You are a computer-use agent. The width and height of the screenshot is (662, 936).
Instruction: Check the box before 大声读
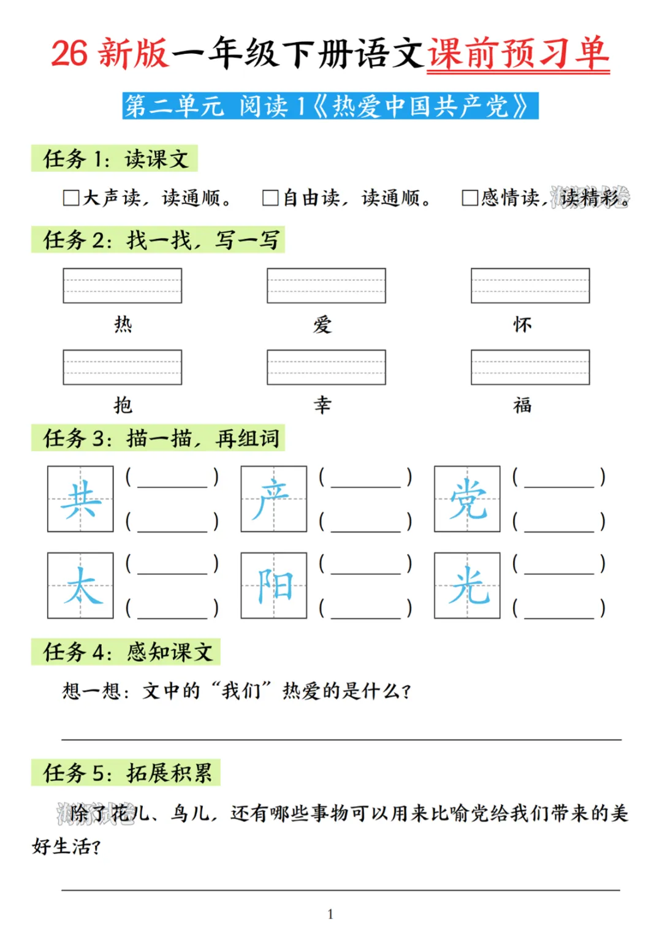pyautogui.click(x=71, y=198)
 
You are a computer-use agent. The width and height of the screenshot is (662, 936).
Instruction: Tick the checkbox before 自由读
pyautogui.click(x=270, y=198)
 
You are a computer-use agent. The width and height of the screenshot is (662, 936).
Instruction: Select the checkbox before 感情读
pyautogui.click(x=470, y=198)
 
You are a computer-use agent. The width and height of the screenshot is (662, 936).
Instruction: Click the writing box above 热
pyautogui.click(x=122, y=286)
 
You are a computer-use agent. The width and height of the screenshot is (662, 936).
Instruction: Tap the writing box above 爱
pyautogui.click(x=326, y=286)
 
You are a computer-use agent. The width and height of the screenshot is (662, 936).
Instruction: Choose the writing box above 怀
pyautogui.click(x=530, y=286)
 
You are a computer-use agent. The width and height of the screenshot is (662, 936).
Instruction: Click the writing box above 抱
pyautogui.click(x=122, y=367)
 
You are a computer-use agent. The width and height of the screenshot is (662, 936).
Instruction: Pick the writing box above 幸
pyautogui.click(x=326, y=367)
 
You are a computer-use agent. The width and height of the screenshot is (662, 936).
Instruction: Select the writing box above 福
pyautogui.click(x=530, y=367)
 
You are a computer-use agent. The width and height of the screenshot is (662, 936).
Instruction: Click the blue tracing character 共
pyautogui.click(x=80, y=499)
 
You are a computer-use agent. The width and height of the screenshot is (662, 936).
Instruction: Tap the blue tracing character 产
pyautogui.click(x=273, y=499)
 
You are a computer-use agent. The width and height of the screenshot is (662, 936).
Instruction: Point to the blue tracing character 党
pyautogui.click(x=467, y=499)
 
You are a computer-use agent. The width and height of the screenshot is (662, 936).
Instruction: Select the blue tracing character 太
pyautogui.click(x=80, y=585)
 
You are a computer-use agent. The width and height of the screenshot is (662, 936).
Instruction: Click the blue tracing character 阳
pyautogui.click(x=273, y=585)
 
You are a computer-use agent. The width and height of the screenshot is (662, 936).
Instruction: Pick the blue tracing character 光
pyautogui.click(x=467, y=585)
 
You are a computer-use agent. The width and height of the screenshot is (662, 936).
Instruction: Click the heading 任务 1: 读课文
pyautogui.click(x=115, y=159)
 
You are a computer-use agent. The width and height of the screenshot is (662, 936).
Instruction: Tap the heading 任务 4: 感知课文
pyautogui.click(x=126, y=652)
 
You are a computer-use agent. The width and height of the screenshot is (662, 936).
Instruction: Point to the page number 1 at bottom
pyautogui.click(x=330, y=914)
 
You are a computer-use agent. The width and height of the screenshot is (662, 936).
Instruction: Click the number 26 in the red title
pyautogui.click(x=69, y=53)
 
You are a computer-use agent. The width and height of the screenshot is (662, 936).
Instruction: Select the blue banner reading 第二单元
pyautogui.click(x=330, y=106)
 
